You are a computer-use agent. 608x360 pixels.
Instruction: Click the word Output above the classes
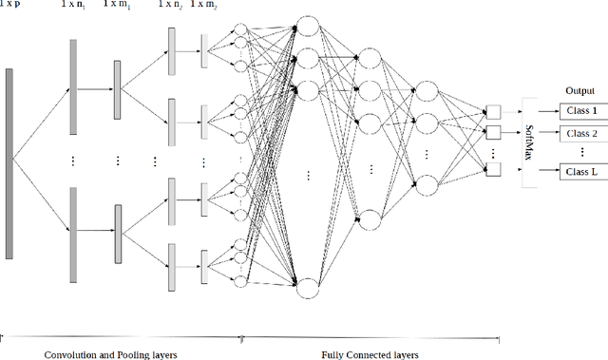coord(579,91)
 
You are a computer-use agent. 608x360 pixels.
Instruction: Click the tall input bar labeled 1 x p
coord(9,163)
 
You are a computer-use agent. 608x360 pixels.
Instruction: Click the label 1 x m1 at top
coord(118,6)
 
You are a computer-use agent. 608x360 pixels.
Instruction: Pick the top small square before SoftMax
coord(492,111)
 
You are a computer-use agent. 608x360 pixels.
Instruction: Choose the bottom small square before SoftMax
coord(492,170)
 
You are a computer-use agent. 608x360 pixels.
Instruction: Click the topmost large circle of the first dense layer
coord(306,27)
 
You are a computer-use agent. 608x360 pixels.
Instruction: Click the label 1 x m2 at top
coord(204,6)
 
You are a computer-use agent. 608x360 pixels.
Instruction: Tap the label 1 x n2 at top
coord(171,6)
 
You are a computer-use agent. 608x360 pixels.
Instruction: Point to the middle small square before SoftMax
coord(492,132)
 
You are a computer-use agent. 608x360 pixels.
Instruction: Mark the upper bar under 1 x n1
coord(72,80)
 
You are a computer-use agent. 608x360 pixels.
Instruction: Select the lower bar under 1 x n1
coord(72,235)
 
